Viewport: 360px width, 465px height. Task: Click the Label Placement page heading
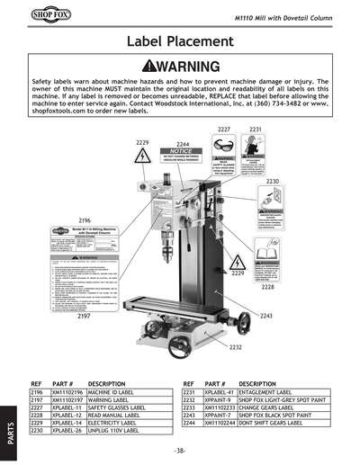coord(179,41)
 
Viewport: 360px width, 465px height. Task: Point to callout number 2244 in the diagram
coord(183,144)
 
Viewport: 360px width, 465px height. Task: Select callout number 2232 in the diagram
coord(235,346)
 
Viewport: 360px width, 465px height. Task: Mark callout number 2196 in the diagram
coord(85,220)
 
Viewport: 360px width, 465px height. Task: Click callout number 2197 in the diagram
coord(85,317)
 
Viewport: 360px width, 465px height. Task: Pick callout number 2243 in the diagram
coord(265,316)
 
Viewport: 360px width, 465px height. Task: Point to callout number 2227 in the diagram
coord(224,130)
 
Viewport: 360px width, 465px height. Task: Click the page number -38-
coord(180,450)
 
